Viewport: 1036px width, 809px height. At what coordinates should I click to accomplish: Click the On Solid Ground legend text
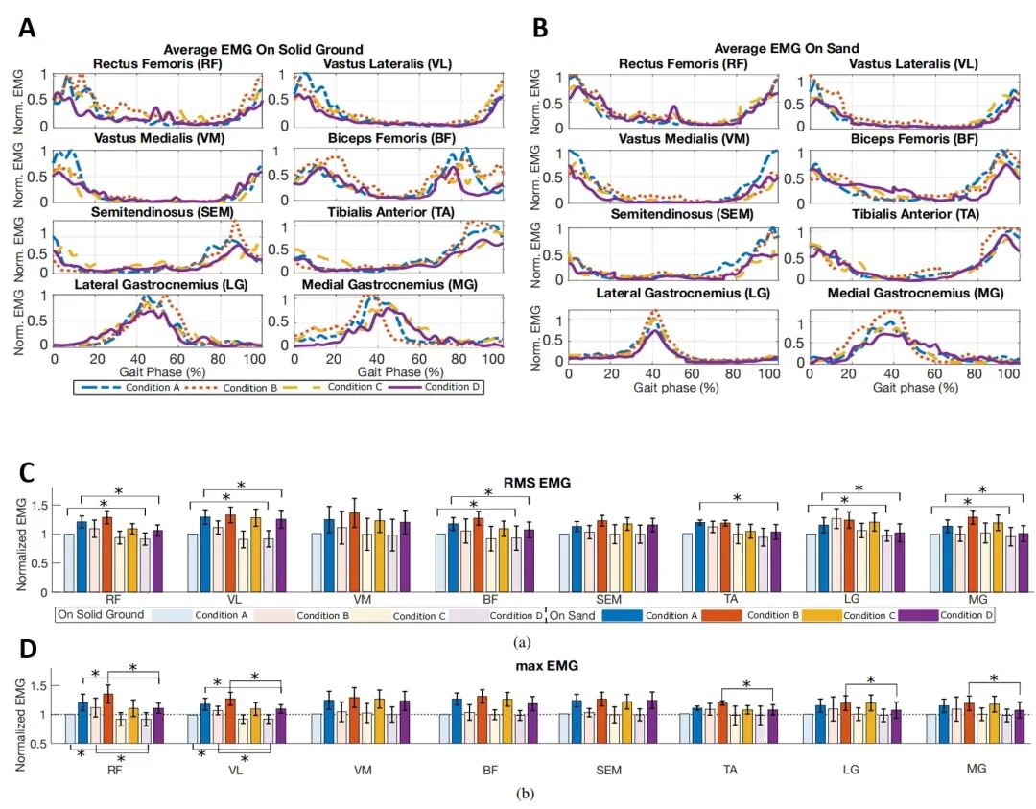point(102,614)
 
